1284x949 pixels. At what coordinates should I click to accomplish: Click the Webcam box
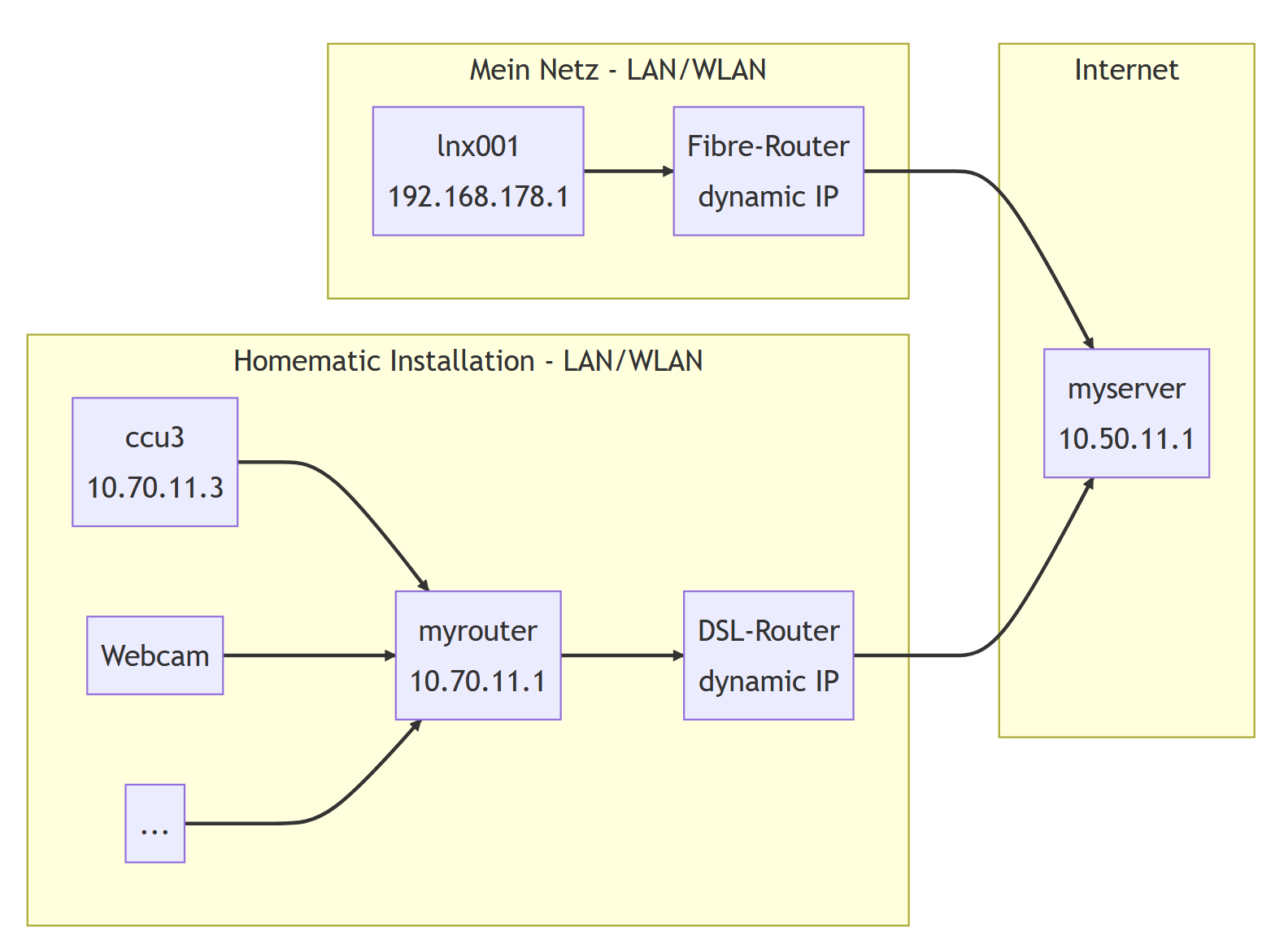pos(155,655)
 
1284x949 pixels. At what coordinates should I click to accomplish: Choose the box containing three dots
pos(155,823)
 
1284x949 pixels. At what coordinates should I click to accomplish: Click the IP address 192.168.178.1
pos(478,197)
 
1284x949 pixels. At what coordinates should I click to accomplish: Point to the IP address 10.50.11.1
pos(1126,439)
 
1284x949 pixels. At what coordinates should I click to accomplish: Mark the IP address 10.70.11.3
pos(155,488)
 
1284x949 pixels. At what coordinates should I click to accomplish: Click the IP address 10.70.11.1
pos(478,681)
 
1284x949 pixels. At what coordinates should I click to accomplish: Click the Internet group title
pos(1126,70)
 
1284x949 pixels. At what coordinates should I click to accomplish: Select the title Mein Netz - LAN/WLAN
pos(618,70)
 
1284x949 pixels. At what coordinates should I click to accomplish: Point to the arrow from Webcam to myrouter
pos(309,655)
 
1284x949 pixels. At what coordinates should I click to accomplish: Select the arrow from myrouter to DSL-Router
pos(621,655)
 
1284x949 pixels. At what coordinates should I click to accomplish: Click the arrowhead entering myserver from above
pos(1089,342)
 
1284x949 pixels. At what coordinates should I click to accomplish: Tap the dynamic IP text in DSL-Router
pos(768,681)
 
